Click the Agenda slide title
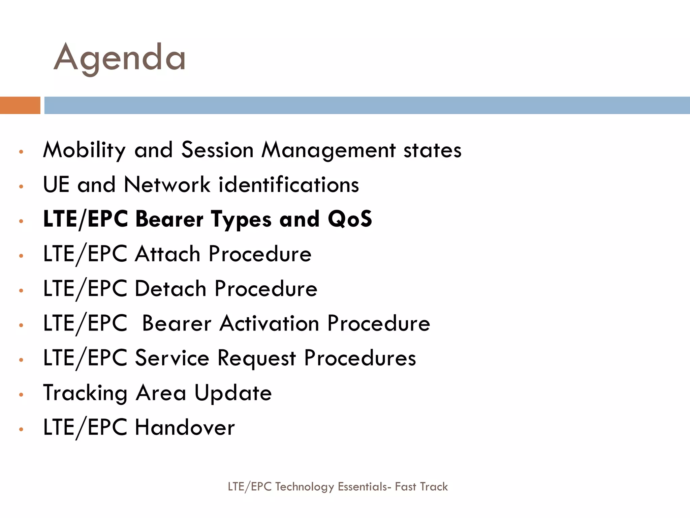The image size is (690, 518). [120, 58]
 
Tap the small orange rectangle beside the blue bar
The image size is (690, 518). [20, 105]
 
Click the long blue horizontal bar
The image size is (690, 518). [367, 105]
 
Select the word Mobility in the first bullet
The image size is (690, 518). [84, 150]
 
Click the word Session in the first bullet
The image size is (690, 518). [217, 150]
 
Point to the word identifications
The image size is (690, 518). [289, 185]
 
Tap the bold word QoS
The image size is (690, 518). [350, 219]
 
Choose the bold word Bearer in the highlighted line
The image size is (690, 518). [169, 219]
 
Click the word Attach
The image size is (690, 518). [167, 254]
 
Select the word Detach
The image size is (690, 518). [170, 289]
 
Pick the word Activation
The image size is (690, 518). [270, 323]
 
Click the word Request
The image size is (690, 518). [256, 358]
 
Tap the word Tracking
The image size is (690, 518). [85, 393]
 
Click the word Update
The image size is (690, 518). [233, 393]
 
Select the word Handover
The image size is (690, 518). [185, 428]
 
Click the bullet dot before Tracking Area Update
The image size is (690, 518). [21, 395]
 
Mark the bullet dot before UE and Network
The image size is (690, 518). [21, 186]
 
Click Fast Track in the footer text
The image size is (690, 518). [421, 487]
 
